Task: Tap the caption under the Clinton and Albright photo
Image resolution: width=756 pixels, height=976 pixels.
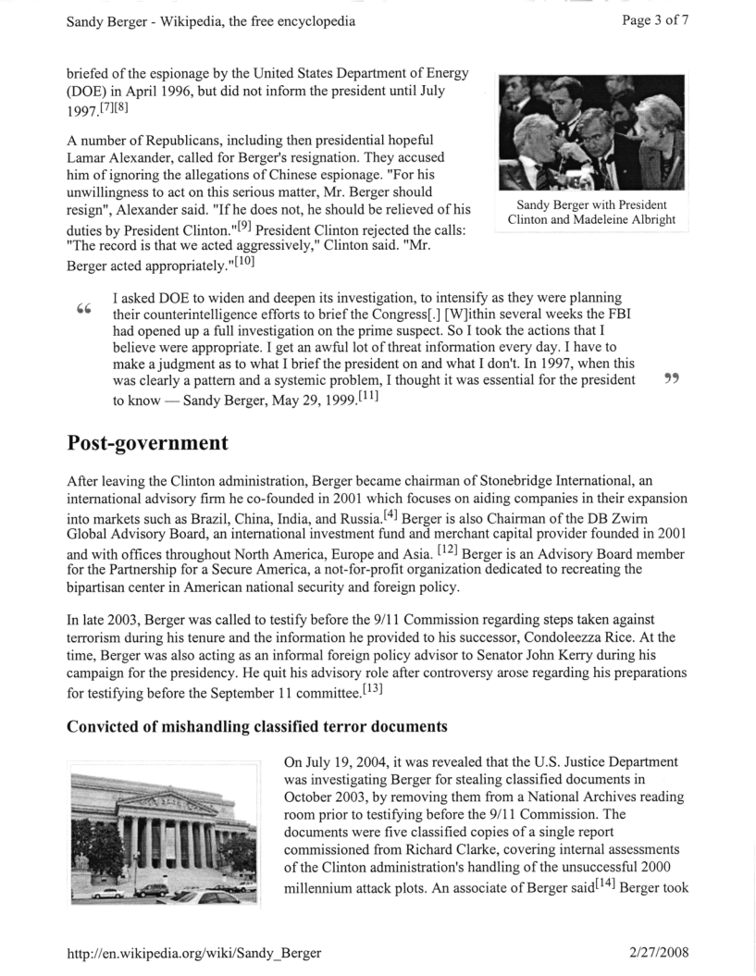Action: (590, 212)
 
